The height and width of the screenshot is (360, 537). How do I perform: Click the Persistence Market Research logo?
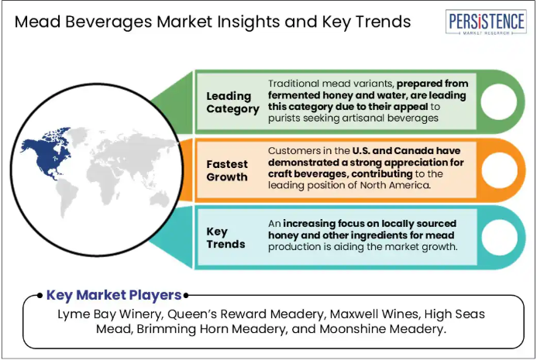pos(486,22)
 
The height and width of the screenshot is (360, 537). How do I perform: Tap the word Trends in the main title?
pos(384,22)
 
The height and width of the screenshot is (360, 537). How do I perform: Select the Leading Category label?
pos(233,102)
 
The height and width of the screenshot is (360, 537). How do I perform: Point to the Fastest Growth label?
pos(227,170)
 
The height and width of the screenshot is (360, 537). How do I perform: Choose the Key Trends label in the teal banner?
pos(225,238)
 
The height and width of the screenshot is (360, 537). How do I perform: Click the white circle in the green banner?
pos(499,101)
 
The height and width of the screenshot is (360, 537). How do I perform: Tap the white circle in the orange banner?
pos(499,170)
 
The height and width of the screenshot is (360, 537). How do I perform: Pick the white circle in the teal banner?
pos(499,238)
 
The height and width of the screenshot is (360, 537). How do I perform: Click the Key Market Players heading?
pos(114,295)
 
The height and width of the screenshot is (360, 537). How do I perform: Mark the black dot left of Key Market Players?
pos(40,295)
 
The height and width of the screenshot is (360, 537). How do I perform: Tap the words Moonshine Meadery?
pos(383,329)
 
